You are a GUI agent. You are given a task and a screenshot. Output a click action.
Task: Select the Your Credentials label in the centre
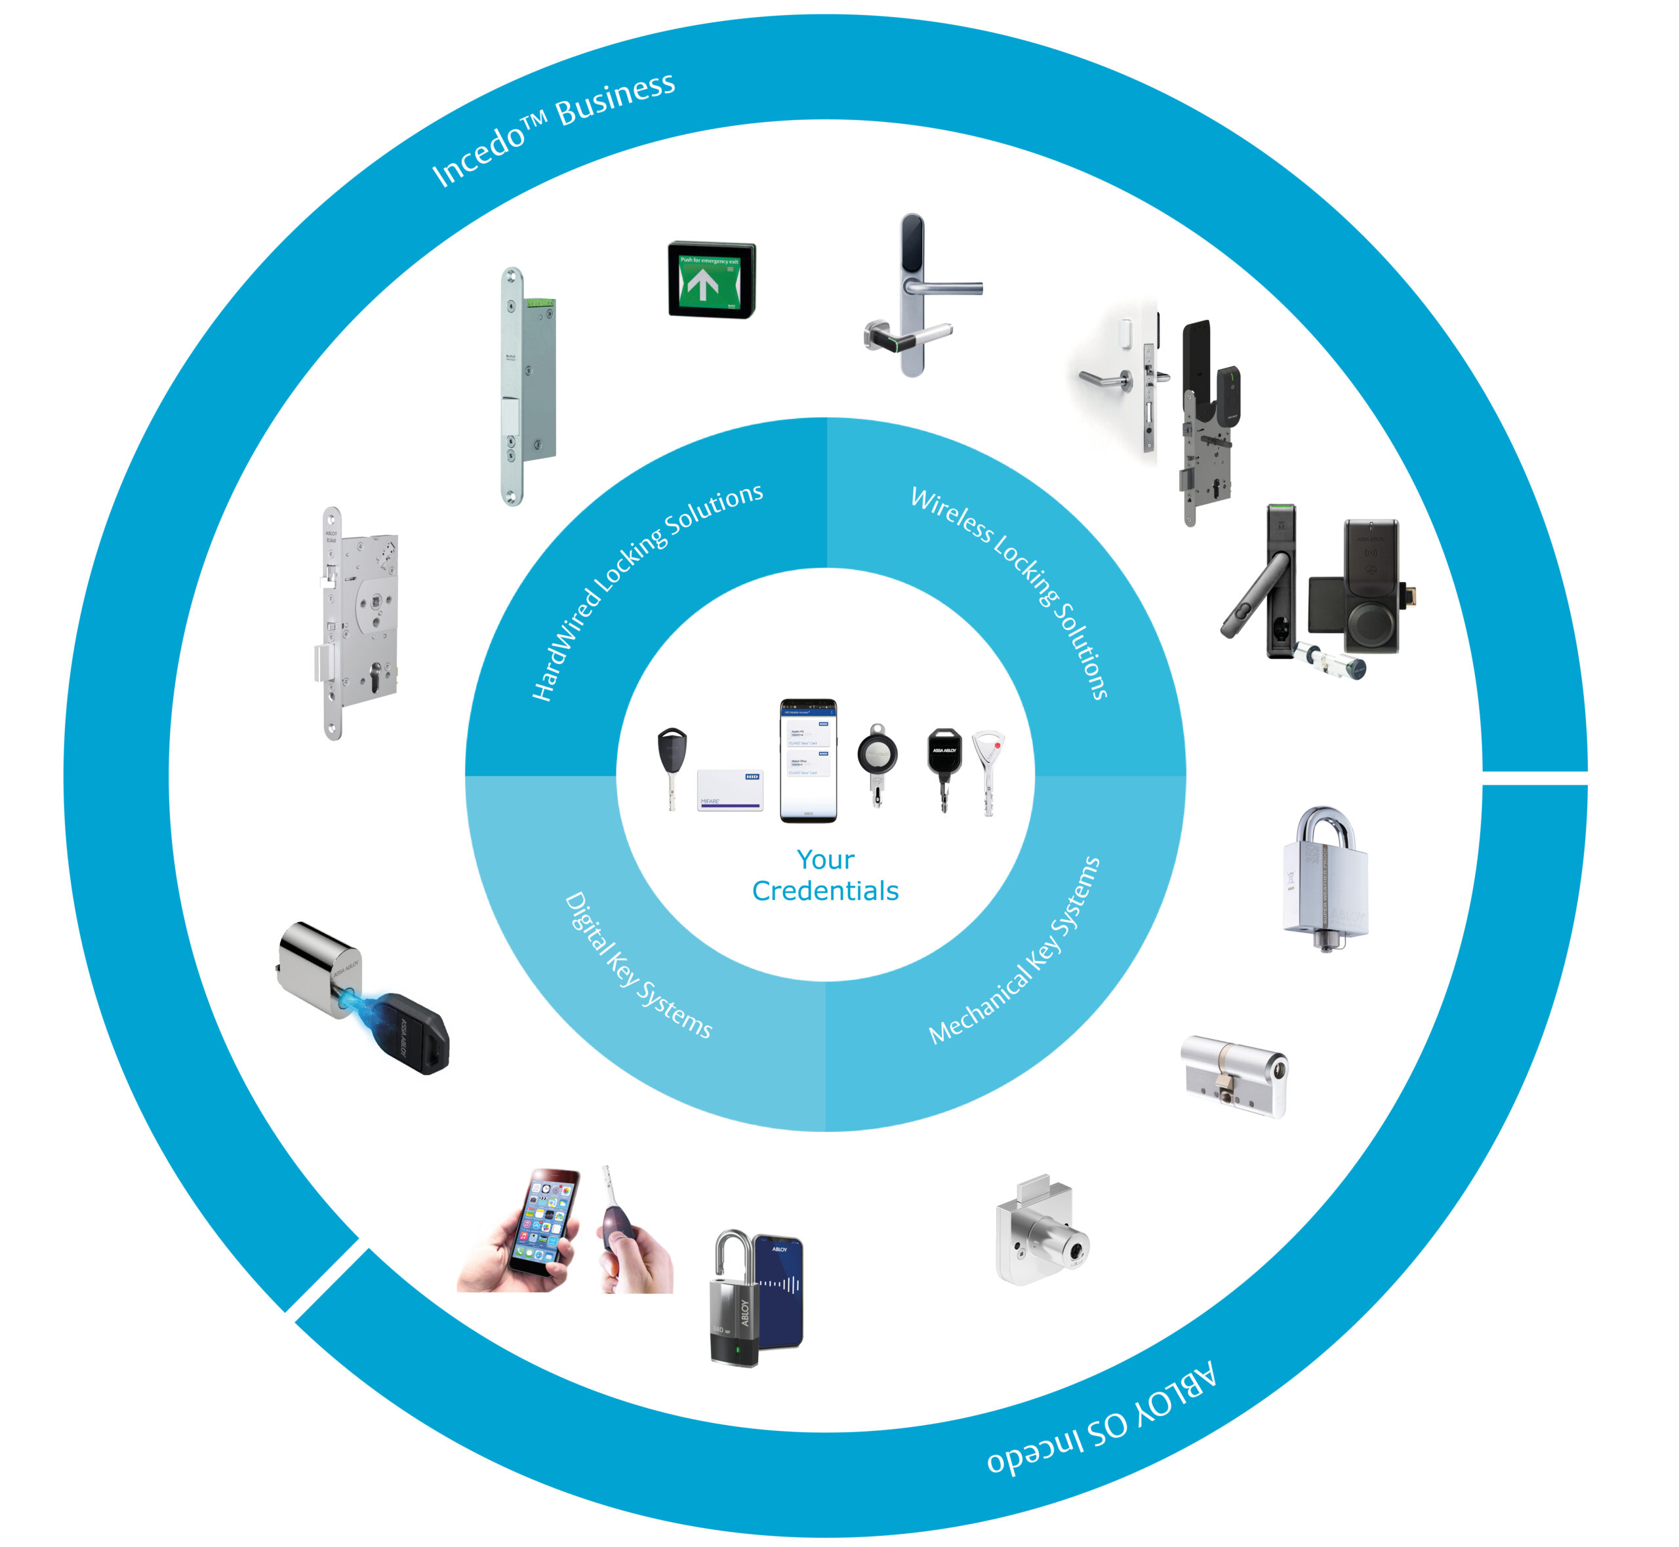(x=825, y=875)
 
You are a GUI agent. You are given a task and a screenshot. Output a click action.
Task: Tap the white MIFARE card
(x=729, y=789)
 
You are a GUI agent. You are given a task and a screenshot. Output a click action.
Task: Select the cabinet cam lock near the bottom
(x=1041, y=1232)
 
